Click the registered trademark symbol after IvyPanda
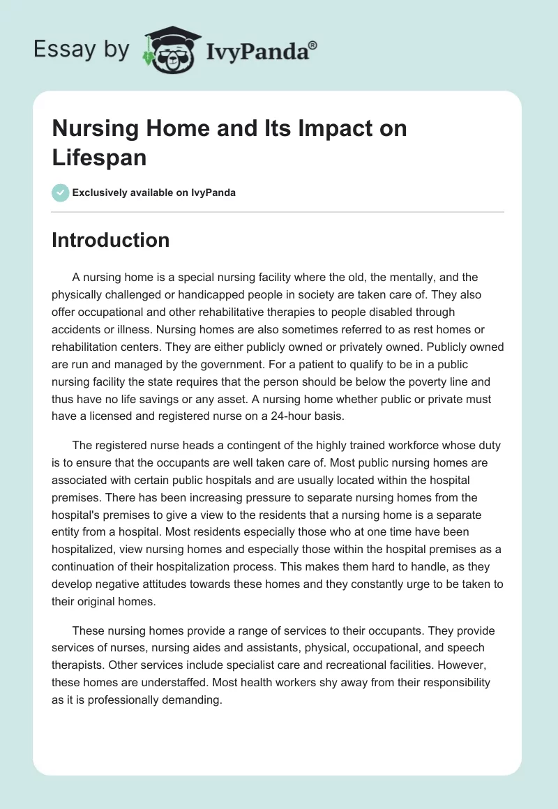(x=313, y=45)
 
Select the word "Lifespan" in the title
(x=99, y=157)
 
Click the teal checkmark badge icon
(x=61, y=192)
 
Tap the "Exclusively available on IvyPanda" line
(x=153, y=192)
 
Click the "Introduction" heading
(x=110, y=240)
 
